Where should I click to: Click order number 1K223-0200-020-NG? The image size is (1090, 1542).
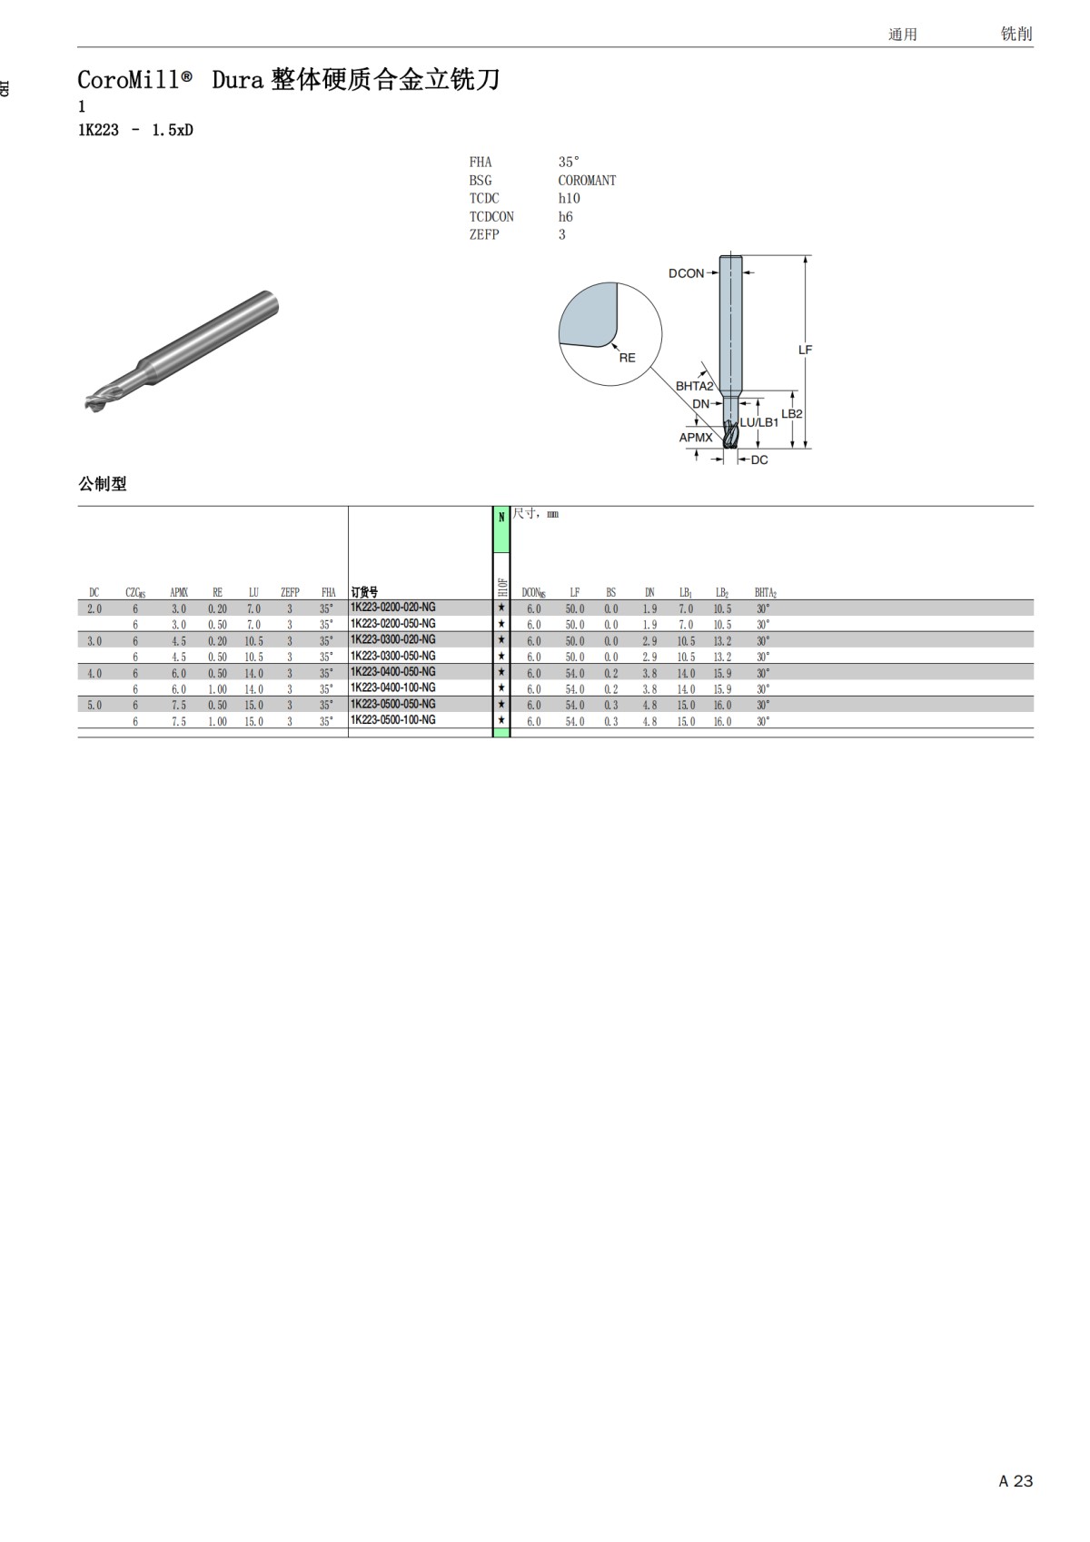pos(393,608)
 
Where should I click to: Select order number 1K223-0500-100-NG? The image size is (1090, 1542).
pos(393,719)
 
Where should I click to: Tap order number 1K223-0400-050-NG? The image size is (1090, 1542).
pos(393,671)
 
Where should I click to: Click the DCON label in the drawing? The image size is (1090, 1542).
pos(686,273)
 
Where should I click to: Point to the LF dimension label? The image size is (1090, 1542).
pos(805,350)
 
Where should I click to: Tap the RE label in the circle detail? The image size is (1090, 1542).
pos(627,358)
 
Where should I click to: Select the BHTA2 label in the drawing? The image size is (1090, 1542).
pos(694,386)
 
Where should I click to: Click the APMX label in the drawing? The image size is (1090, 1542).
pos(696,437)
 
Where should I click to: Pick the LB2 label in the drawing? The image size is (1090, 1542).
pos(792,414)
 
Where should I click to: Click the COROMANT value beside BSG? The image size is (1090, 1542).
pos(587,181)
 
